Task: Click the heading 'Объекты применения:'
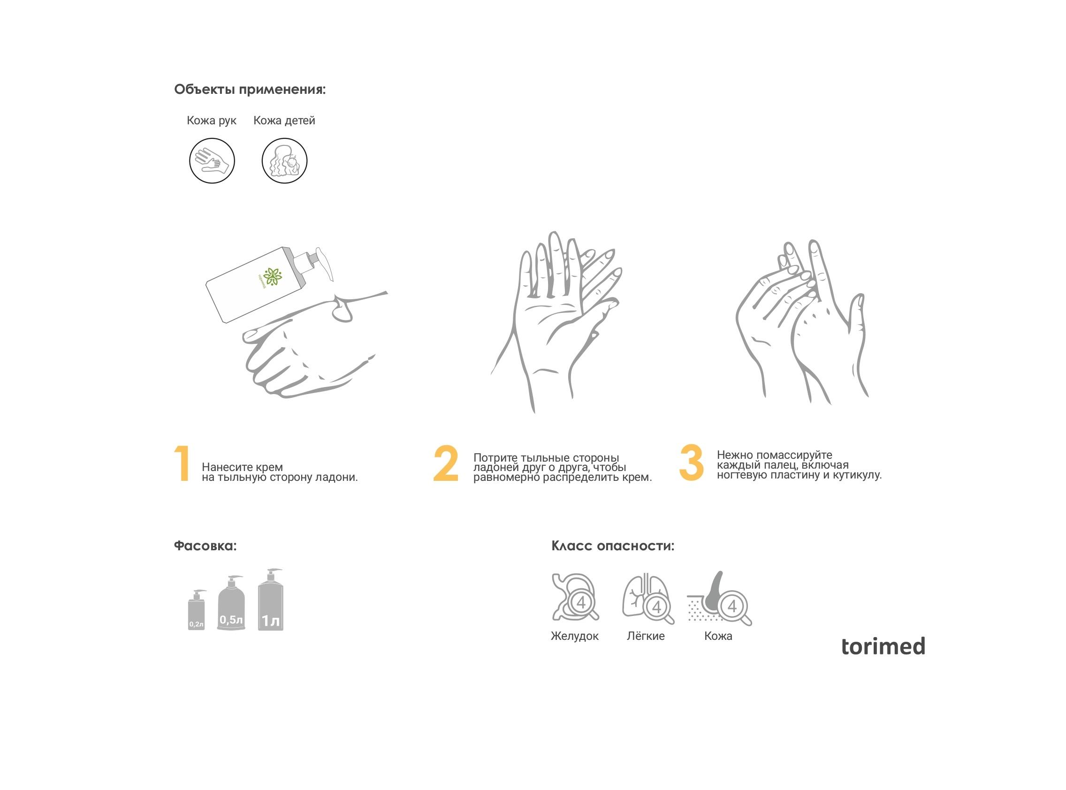(x=250, y=90)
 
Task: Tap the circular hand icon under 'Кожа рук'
(x=212, y=161)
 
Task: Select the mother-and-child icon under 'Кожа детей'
(x=284, y=161)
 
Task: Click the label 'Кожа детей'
(x=284, y=121)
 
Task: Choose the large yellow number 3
(x=691, y=462)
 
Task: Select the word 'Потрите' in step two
(x=495, y=458)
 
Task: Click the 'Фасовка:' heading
(x=205, y=546)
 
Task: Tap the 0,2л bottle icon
(x=197, y=610)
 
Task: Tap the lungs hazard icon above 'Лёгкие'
(x=647, y=599)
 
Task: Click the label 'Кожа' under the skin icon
(x=718, y=636)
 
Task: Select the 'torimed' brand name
(x=883, y=646)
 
